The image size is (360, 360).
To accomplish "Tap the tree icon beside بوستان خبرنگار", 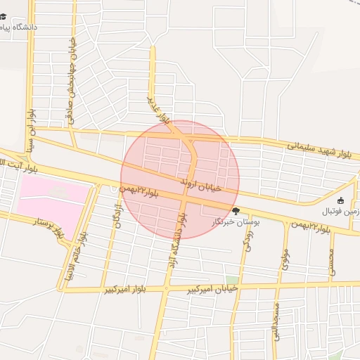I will click(236, 210).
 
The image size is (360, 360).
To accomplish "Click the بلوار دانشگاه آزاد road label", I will click(174, 238).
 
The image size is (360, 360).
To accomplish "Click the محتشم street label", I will click(331, 262).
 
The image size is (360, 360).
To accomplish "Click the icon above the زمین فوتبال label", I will click(341, 200).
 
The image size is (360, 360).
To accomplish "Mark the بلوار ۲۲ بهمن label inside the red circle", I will click(139, 190).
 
